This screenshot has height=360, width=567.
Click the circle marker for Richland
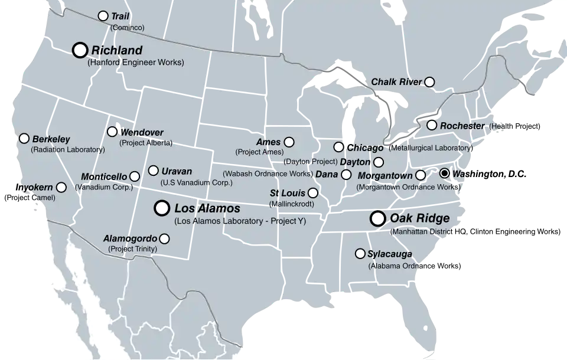pos(80,50)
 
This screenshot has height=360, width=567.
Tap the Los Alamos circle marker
pos(161,208)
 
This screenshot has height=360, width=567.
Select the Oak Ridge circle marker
pos(377,218)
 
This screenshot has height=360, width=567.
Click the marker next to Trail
pos(103,16)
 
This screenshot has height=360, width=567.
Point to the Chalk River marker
pos(430,82)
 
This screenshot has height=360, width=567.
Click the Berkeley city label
pos(51,139)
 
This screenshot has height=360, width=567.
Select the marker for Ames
pos(289,142)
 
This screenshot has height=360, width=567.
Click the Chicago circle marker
pos(338,147)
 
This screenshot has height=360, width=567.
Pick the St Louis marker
pos(313,193)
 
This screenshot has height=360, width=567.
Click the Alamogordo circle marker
pos(164,239)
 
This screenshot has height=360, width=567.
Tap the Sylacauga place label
pos(390,254)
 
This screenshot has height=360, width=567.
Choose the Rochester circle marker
pos(432,125)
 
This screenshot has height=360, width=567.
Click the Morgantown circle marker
pos(421,175)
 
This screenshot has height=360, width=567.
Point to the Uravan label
pos(177,171)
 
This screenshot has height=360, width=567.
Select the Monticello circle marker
pos(135,176)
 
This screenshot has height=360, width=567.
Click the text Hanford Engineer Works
pos(135,62)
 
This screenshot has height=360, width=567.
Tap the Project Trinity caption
pos(133,249)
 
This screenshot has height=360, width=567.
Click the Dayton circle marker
pos(379,162)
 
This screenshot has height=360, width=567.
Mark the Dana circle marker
pos(346,175)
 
